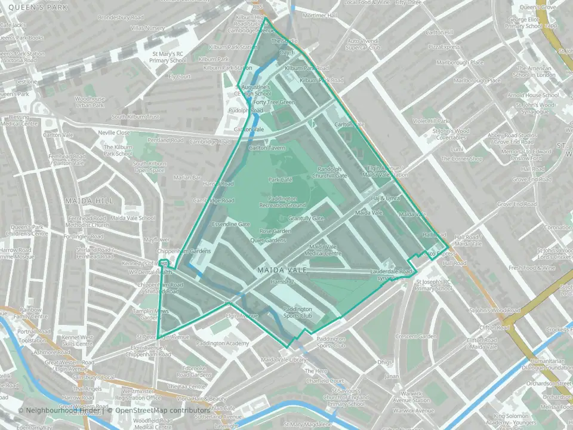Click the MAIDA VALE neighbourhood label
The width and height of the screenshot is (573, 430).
tap(282, 271)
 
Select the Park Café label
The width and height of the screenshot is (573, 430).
tap(280, 180)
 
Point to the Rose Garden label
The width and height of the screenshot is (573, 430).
tap(275, 231)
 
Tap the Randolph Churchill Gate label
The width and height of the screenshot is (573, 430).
tap(332, 173)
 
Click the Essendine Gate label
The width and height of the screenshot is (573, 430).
tap(231, 224)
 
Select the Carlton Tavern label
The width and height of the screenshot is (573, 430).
tap(266, 148)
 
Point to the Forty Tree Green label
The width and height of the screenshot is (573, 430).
tap(275, 102)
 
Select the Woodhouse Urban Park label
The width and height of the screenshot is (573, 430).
tap(90, 102)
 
